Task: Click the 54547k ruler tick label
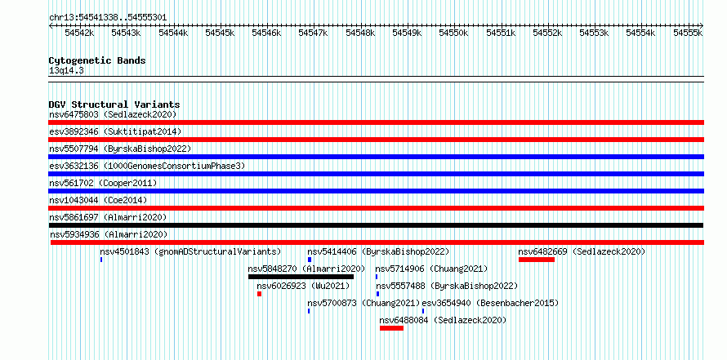tap(314, 33)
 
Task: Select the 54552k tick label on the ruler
tap(547, 33)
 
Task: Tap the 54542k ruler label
tap(80, 33)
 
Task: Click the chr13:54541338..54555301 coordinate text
tap(108, 17)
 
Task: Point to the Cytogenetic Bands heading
tap(97, 60)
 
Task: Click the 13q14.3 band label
tap(66, 71)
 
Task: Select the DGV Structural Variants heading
tap(114, 104)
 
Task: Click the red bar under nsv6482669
tap(537, 260)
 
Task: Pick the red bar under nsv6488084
tap(392, 328)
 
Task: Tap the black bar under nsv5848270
tap(301, 277)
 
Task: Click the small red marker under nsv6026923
tap(259, 294)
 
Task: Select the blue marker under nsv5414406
tap(310, 260)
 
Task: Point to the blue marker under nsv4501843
tap(101, 260)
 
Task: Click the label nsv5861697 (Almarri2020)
tap(108, 217)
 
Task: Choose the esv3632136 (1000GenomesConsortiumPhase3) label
tap(147, 166)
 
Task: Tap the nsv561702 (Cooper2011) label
tap(103, 183)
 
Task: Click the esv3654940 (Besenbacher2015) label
tap(490, 303)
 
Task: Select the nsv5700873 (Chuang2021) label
tap(364, 303)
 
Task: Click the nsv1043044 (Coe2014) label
tap(98, 200)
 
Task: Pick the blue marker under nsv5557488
tap(378, 294)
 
